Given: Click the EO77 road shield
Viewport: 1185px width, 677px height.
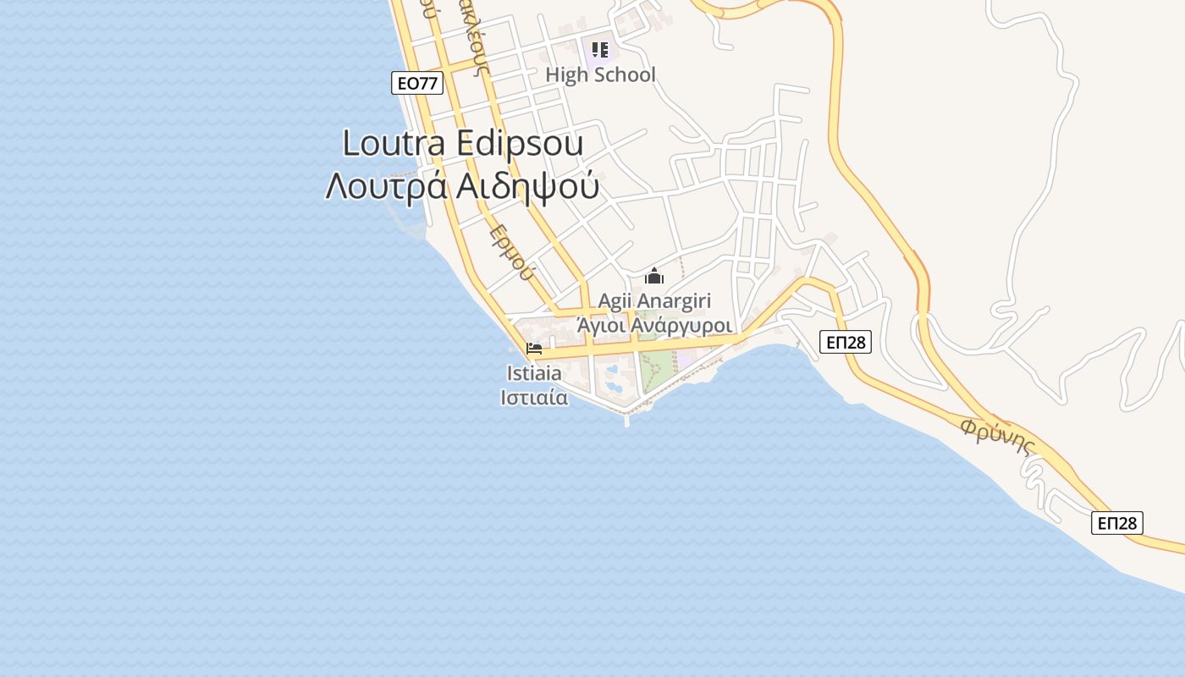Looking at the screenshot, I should [418, 83].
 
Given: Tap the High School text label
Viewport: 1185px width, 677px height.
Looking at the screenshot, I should [600, 74].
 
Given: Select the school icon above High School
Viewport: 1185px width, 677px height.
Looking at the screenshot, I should [600, 50].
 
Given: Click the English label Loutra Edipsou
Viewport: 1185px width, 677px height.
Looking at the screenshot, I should [462, 143].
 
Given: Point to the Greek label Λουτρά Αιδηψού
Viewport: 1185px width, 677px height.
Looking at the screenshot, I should [462, 187].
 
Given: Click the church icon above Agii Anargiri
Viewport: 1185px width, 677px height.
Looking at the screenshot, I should [654, 277].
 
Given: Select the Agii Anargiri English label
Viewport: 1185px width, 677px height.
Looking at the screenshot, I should [654, 300].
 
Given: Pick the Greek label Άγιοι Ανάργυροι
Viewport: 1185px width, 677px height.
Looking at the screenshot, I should [654, 325].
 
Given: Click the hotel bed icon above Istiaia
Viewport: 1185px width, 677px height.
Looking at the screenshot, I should [534, 349].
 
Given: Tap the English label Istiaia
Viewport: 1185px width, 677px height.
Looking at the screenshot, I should [534, 372].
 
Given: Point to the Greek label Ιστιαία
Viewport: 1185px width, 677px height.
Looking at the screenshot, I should [534, 397].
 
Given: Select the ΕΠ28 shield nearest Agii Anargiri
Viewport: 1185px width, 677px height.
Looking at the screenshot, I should [846, 342].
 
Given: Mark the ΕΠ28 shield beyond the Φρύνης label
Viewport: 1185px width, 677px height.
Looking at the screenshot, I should [1116, 523].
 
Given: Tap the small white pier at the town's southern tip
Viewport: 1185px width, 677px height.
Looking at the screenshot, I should [626, 418].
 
